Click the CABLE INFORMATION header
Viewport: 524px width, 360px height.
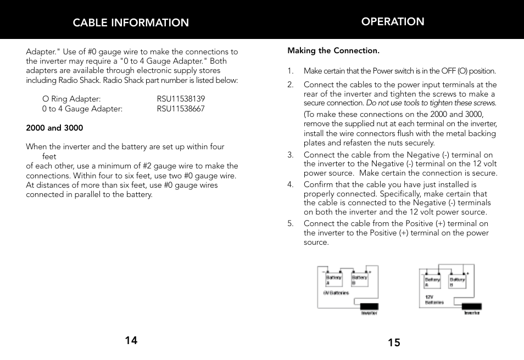click(131, 22)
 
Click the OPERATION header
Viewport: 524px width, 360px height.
click(393, 21)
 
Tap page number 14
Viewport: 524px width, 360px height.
click(131, 340)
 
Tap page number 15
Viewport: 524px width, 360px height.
click(394, 343)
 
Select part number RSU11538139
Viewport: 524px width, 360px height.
click(181, 99)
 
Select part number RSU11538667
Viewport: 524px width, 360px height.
click(181, 109)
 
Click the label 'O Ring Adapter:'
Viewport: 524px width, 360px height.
click(71, 99)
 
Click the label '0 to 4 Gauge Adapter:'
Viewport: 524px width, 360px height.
click(82, 109)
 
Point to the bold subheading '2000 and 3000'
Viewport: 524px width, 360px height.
click(54, 128)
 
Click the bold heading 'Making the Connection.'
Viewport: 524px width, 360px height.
click(333, 50)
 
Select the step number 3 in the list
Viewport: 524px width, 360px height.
click(291, 155)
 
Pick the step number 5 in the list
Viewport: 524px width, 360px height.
click(291, 223)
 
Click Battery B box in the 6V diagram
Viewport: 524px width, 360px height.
click(360, 279)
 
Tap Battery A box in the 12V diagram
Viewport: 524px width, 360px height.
click(432, 282)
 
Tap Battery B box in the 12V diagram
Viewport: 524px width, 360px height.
click(458, 282)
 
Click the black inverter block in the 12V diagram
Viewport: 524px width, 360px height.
click(471, 306)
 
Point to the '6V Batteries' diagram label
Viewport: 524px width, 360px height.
click(336, 293)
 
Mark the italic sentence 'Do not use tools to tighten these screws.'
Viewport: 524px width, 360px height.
click(431, 103)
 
